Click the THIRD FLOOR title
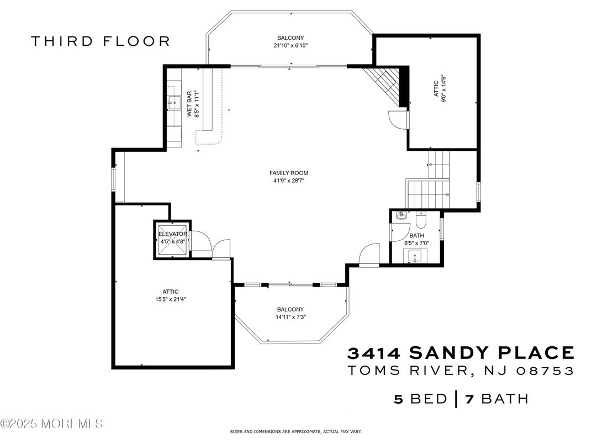101,41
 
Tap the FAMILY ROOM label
289,173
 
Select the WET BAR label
189,104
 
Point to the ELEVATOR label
172,234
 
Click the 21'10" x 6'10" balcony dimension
290,46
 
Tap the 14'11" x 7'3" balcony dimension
290,317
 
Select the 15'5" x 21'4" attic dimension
170,299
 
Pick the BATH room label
416,236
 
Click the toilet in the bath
420,219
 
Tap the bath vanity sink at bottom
415,256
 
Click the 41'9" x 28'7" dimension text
289,181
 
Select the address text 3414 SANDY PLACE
461,353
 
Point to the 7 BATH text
497,399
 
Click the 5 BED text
420,399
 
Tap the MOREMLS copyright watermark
52,424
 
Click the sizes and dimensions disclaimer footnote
296,431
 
